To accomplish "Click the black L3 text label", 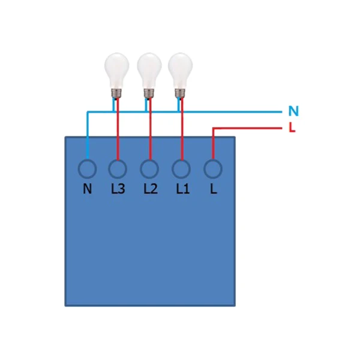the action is (x=118, y=189).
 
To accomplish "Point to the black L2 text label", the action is (x=151, y=189).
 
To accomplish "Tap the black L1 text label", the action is (x=183, y=189).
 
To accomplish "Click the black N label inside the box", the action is (x=87, y=189).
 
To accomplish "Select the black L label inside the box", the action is (x=213, y=189).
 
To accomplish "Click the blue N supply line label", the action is (x=293, y=111).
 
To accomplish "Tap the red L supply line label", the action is (x=292, y=127).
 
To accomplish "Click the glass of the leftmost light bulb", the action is (x=116, y=70).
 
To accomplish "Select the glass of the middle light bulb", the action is (x=149, y=70).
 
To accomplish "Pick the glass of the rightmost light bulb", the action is (x=180, y=70).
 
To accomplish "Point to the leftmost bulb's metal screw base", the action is (x=116, y=93).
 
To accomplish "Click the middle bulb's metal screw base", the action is (x=149, y=93).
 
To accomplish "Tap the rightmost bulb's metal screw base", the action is (x=180, y=93).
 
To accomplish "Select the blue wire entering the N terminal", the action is (x=87, y=136).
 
